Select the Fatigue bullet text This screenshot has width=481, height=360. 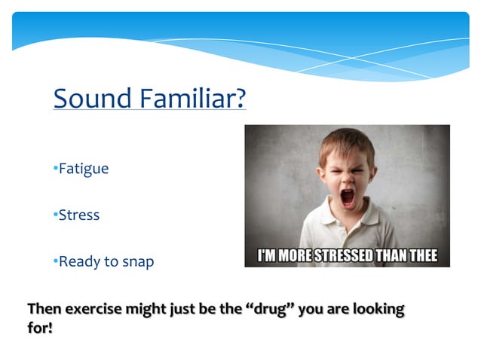coord(84,169)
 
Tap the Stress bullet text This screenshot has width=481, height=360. coord(79,215)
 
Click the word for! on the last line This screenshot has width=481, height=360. coord(40,328)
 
